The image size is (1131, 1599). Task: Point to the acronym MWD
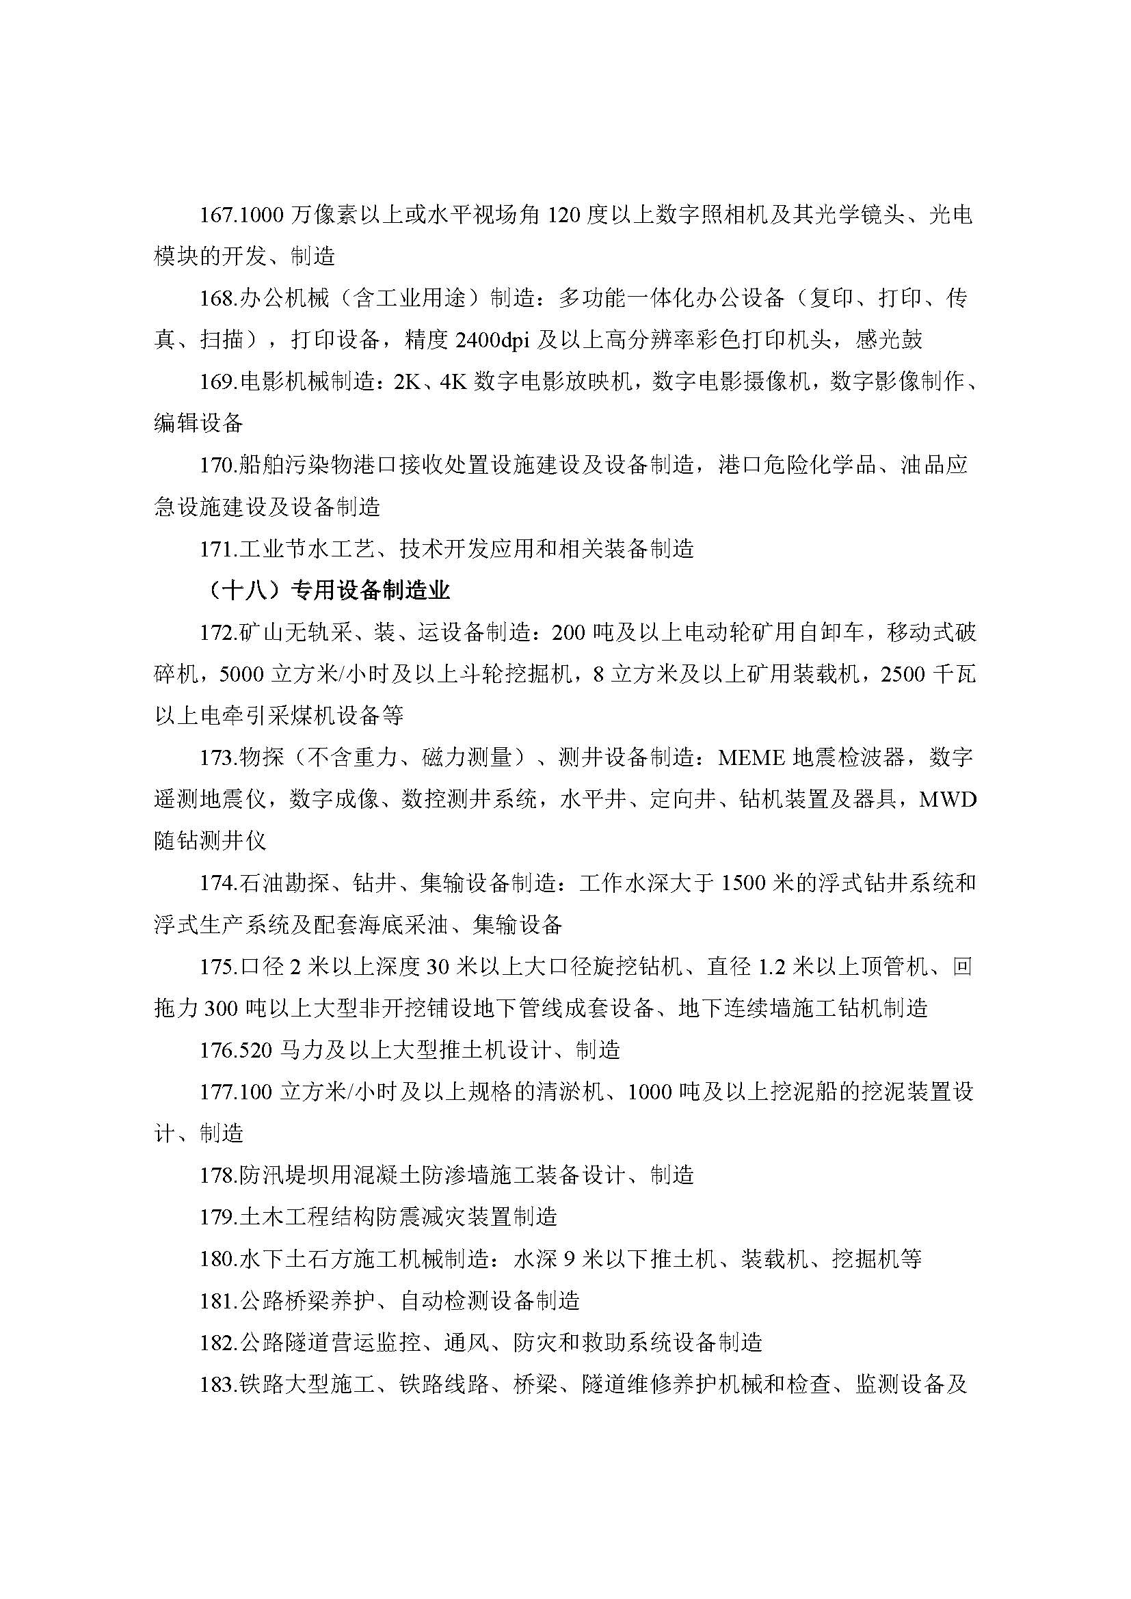[x=948, y=800]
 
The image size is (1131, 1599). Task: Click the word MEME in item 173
[x=752, y=757]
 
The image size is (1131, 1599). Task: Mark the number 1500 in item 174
[x=744, y=884]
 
